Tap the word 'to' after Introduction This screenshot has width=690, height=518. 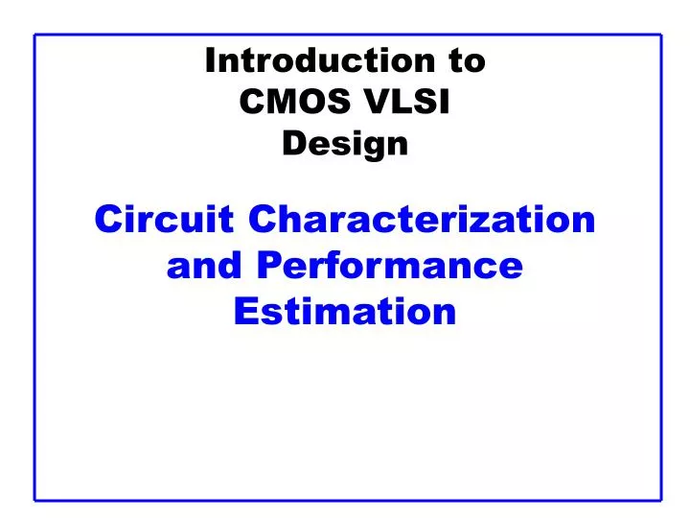[x=466, y=61]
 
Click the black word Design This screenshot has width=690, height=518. [x=346, y=144]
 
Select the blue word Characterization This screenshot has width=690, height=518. [x=422, y=220]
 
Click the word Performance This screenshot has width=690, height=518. [x=389, y=265]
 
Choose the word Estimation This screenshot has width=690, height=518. [x=345, y=311]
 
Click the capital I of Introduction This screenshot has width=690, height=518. [x=211, y=61]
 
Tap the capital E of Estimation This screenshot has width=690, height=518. [x=245, y=311]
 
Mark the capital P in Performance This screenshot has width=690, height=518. [x=267, y=265]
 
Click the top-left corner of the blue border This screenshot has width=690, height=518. [x=35, y=35]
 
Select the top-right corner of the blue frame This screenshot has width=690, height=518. [x=661, y=35]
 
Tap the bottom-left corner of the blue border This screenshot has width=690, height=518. [x=35, y=500]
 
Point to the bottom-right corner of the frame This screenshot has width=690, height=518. [x=661, y=500]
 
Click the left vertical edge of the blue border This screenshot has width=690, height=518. [x=35, y=269]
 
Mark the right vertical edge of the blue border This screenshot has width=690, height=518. [x=661, y=269]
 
